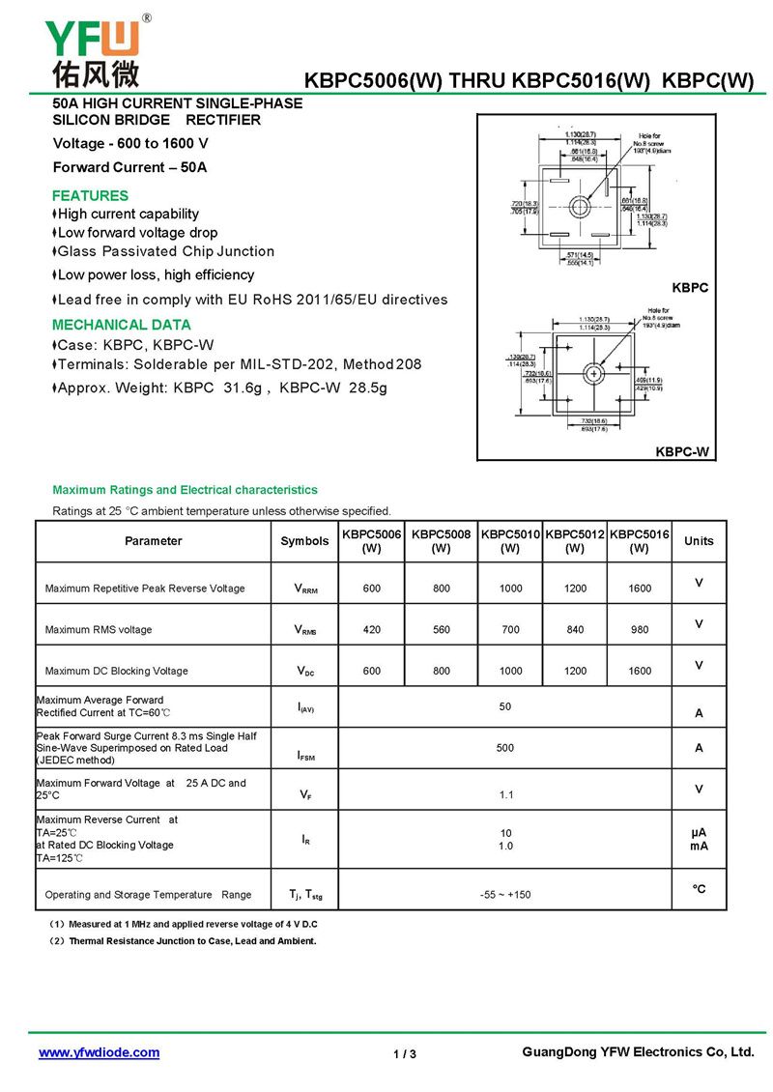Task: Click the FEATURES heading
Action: point(90,195)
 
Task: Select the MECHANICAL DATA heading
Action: point(122,325)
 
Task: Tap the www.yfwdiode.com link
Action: point(99,1052)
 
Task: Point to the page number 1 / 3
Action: point(405,1053)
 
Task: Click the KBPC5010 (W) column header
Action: point(510,541)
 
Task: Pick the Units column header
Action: point(699,541)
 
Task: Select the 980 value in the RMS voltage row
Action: point(639,630)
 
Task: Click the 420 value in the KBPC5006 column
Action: point(372,630)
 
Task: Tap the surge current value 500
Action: point(505,748)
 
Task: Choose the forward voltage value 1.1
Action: point(505,795)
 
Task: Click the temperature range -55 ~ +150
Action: point(505,895)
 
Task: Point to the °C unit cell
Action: point(699,889)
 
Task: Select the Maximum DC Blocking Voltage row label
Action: point(117,671)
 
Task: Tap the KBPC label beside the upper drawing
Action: point(690,288)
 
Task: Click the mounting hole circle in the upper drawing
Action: point(580,206)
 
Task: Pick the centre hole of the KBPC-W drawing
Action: point(593,373)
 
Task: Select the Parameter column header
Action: point(153,541)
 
